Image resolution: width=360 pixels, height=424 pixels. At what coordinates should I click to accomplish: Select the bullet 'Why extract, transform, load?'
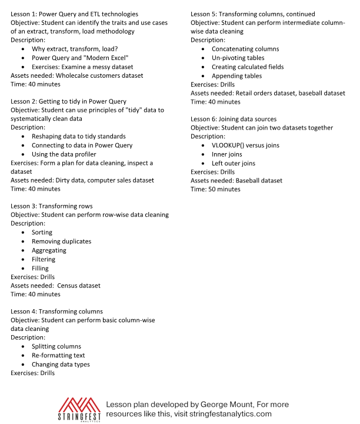pos(75,49)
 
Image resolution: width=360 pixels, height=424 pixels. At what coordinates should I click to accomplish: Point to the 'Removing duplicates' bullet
pos(61,241)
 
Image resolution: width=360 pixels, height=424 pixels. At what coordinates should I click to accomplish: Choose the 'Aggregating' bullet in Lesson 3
pos(49,250)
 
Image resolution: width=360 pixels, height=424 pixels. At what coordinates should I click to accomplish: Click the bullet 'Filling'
pos(40,269)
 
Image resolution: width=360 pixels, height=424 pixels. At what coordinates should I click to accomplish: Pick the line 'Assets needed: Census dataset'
pos(56,286)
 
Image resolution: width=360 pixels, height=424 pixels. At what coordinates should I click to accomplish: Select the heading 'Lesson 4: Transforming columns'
pos(57,312)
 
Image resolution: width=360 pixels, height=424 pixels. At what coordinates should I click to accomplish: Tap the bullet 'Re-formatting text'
pos(58,356)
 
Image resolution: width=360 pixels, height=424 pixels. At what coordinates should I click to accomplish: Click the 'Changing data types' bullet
pos(61,365)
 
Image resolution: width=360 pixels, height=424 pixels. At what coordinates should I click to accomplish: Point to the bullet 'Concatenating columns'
pos(245,49)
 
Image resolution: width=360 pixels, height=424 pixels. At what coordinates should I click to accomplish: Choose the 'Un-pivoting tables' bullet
pos(238,58)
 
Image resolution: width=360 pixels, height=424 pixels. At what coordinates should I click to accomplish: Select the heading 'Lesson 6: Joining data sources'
pos(234,119)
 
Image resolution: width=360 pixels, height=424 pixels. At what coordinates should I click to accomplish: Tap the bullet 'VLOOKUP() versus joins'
pos(245,145)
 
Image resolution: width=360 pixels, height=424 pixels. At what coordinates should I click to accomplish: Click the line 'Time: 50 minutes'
pos(215,190)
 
